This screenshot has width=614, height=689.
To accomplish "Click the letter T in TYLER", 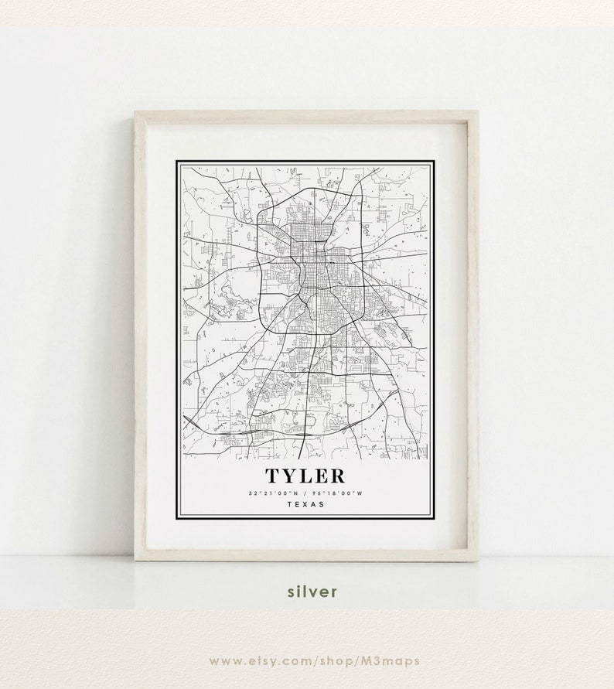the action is [273, 476].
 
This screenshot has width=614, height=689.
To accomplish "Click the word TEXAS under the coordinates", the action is [305, 504].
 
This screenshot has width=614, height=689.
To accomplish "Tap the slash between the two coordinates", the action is [304, 493].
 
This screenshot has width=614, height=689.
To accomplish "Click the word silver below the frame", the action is [312, 592].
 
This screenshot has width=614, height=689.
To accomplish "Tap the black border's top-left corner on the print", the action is [177, 162].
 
